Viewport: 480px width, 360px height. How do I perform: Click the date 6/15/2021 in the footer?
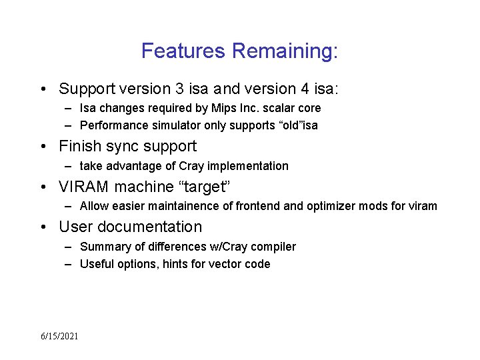tap(59, 336)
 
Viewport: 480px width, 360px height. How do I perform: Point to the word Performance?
tap(111, 125)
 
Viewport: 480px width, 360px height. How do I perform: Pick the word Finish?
tap(81, 146)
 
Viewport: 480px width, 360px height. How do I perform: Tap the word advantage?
tap(133, 166)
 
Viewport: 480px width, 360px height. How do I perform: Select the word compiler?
tap(273, 247)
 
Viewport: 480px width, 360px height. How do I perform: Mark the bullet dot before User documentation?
tap(43, 227)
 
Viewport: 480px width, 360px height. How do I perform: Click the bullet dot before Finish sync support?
tap(43, 146)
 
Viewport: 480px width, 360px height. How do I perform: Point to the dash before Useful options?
tap(69, 264)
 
